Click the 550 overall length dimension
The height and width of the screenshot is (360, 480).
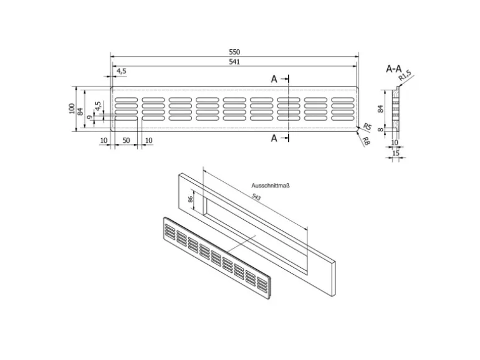pyautogui.click(x=234, y=52)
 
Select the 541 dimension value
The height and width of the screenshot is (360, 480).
pyautogui.click(x=234, y=62)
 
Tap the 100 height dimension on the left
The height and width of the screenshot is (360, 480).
pyautogui.click(x=72, y=108)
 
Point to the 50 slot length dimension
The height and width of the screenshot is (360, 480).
pyautogui.click(x=126, y=141)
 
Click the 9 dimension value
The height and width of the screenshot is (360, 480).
pyautogui.click(x=90, y=117)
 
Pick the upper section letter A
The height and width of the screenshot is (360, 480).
pyautogui.click(x=274, y=79)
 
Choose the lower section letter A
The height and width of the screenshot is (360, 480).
pyautogui.click(x=274, y=138)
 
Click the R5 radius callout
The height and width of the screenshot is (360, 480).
pyautogui.click(x=367, y=127)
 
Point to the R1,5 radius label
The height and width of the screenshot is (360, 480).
pyautogui.click(x=406, y=77)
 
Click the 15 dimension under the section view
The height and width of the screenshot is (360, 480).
pyautogui.click(x=395, y=153)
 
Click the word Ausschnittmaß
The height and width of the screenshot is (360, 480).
pyautogui.click(x=272, y=186)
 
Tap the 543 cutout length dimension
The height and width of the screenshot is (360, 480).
pyautogui.click(x=256, y=197)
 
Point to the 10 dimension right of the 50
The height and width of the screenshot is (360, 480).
pyautogui.click(x=148, y=141)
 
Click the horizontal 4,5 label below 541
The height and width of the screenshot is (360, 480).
pyautogui.click(x=121, y=72)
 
